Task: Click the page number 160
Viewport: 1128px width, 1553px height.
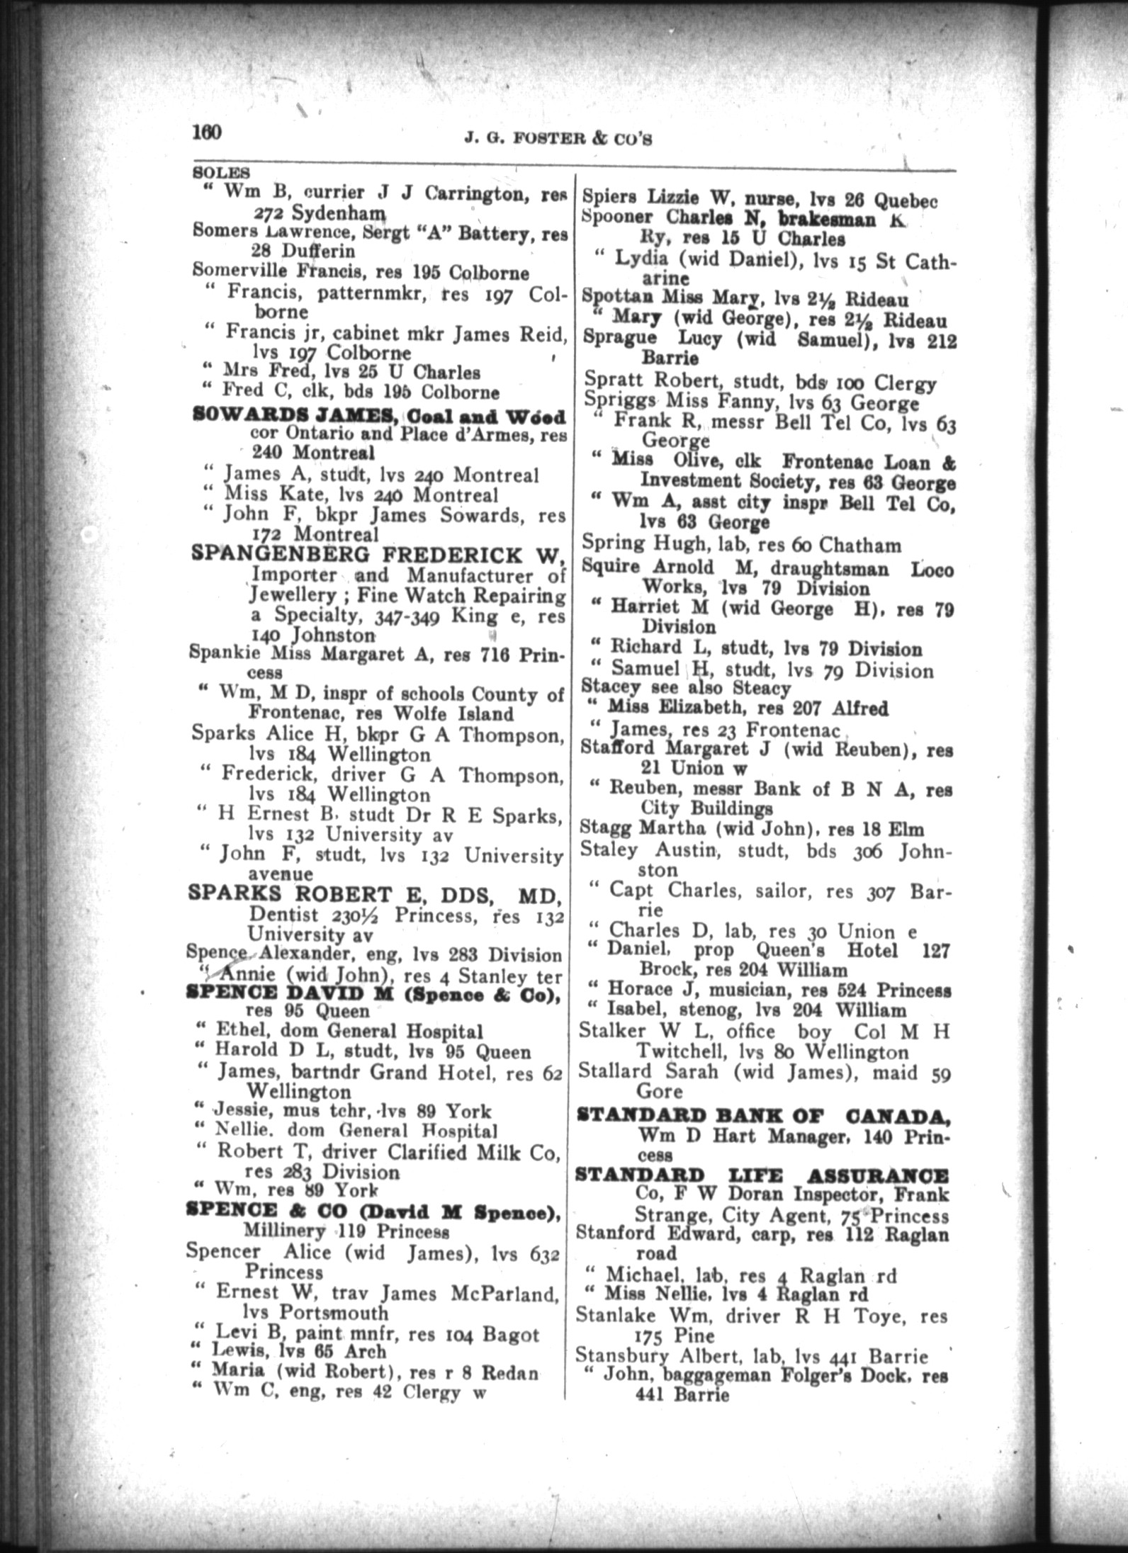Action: [x=207, y=133]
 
